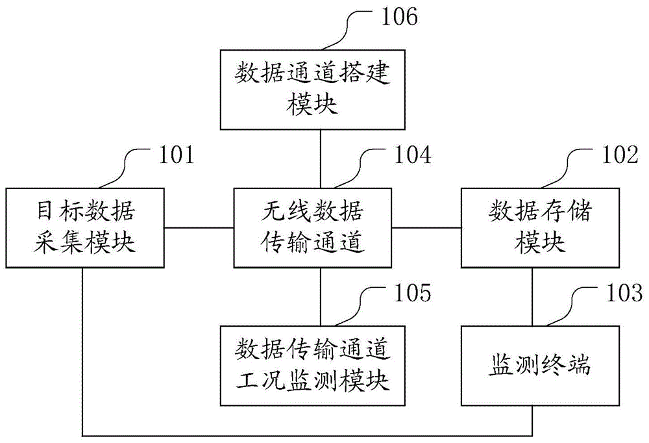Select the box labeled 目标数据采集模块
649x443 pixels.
(x=84, y=227)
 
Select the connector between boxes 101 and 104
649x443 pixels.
(x=198, y=228)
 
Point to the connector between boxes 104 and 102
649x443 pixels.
(x=426, y=228)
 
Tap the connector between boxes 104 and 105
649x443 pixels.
(x=321, y=296)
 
